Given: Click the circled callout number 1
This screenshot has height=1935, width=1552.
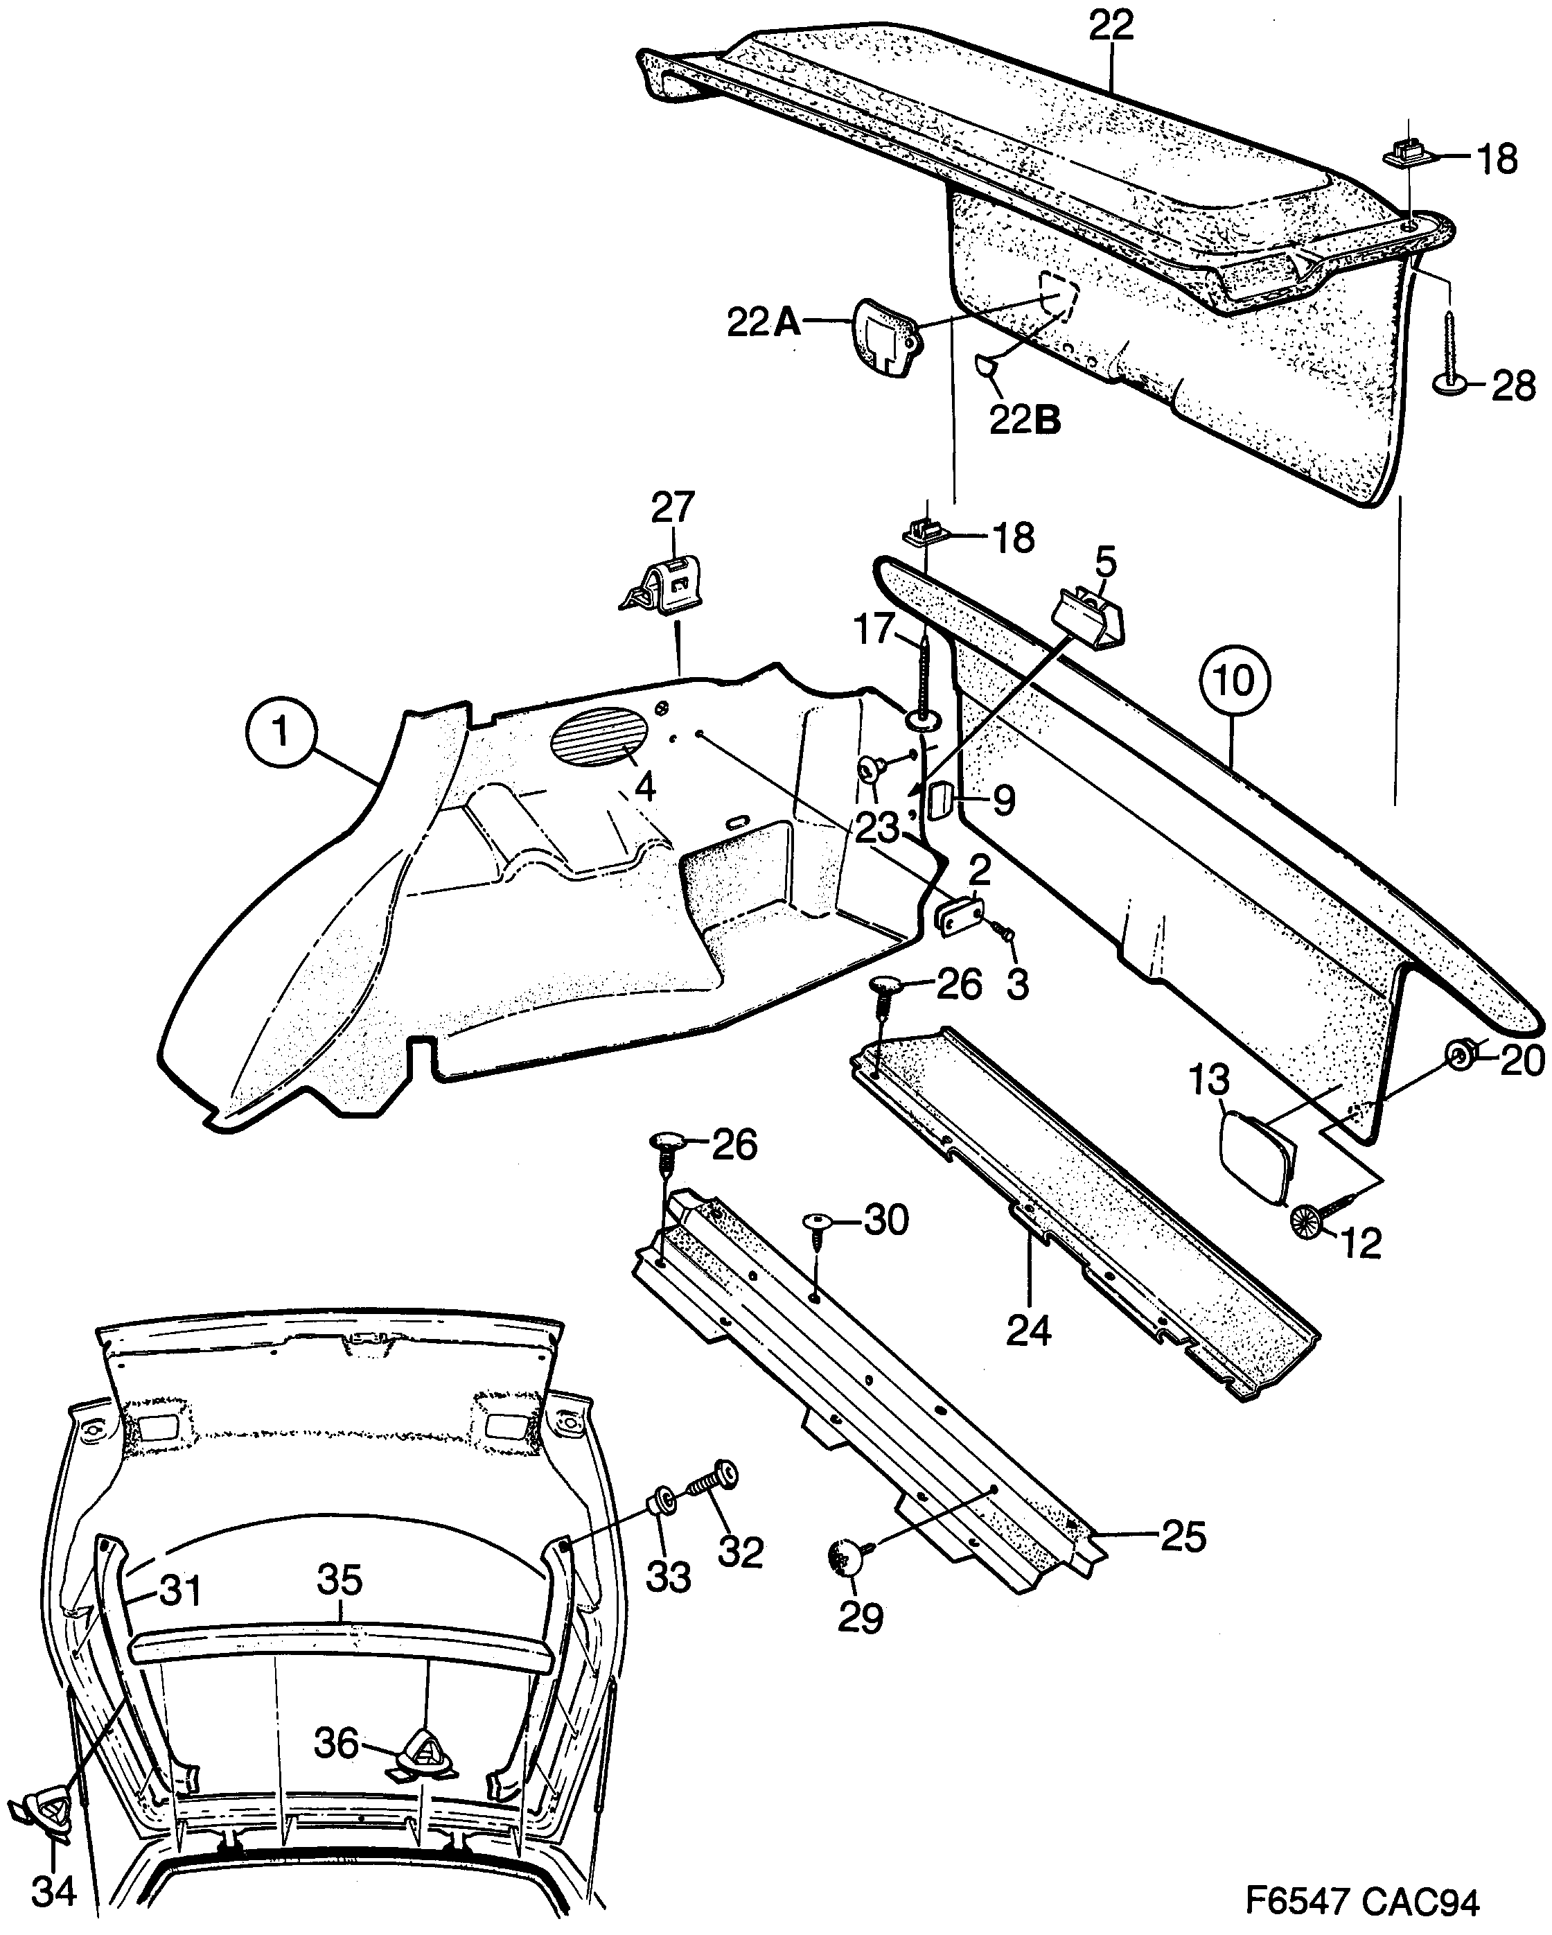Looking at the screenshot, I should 283,733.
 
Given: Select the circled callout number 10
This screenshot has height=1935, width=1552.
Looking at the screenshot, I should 1235,681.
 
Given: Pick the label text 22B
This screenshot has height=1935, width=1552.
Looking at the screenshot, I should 1025,420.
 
